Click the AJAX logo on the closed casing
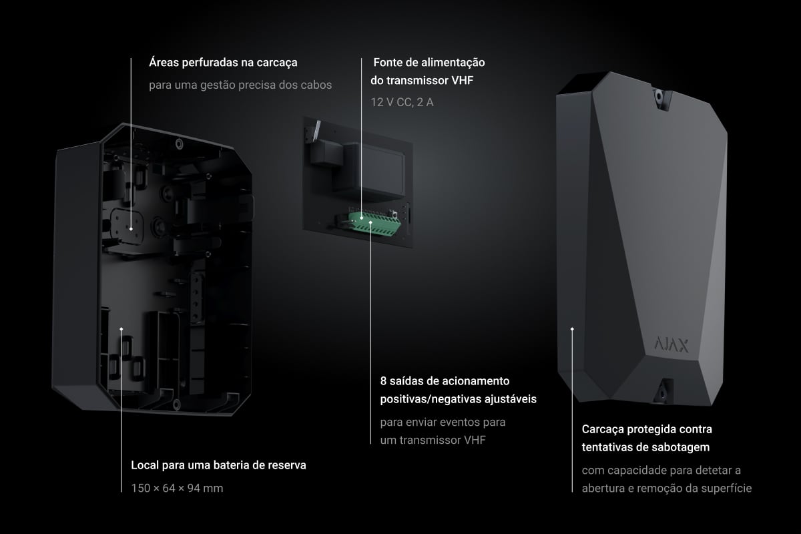click(x=672, y=344)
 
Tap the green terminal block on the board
click(x=374, y=224)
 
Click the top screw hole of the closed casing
click(x=659, y=96)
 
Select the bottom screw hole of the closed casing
click(x=662, y=393)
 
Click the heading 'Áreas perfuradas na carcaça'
click(x=223, y=63)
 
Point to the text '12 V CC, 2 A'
click(x=402, y=102)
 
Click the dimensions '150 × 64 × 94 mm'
click(x=177, y=488)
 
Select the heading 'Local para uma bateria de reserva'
click(x=218, y=465)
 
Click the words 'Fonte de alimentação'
click(x=429, y=63)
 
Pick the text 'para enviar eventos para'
click(x=443, y=422)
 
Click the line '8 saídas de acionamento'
click(x=445, y=381)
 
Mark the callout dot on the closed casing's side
click(x=572, y=328)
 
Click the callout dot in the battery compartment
click(x=121, y=328)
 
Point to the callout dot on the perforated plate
click(x=131, y=229)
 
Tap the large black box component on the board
click(x=368, y=171)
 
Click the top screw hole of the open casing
click(x=179, y=144)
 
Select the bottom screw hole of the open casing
click(x=176, y=405)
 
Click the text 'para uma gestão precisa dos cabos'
click(x=240, y=85)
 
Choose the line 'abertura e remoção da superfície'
click(x=667, y=488)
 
